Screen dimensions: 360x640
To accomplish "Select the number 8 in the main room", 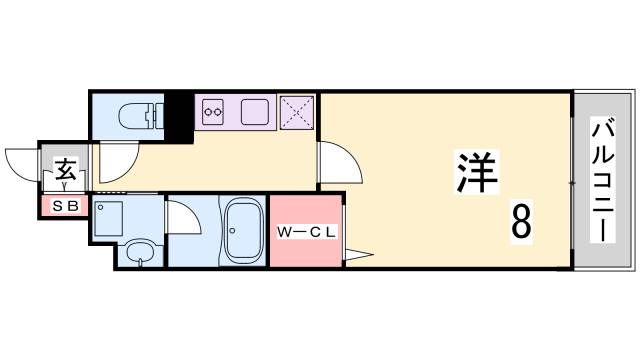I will point(521,223).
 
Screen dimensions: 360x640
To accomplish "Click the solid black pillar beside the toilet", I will point(178,116).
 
